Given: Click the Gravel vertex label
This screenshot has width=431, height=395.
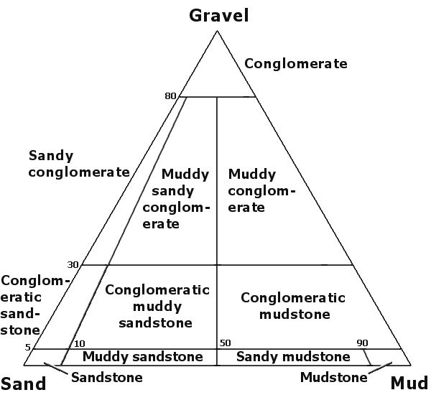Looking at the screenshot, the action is coord(219,15).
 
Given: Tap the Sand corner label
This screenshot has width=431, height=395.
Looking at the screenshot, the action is coord(23,384).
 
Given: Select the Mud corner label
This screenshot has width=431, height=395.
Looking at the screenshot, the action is coord(409,383).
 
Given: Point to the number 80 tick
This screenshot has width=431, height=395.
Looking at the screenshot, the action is coord(170,96).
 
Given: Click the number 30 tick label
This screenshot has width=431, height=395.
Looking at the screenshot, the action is coord(73,265).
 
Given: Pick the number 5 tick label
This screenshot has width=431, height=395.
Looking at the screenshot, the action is coord(27,348).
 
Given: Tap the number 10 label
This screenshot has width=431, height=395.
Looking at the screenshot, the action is coord(80,343).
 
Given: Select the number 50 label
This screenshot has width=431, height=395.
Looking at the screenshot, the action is coord(225,343).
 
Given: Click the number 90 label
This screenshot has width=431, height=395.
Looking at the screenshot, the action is coord(362,343).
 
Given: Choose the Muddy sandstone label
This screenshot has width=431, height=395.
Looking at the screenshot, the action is coord(143,357).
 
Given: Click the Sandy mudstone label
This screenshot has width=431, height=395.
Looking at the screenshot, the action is coord(293,357).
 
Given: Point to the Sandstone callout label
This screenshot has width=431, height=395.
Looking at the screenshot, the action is coord(107,378).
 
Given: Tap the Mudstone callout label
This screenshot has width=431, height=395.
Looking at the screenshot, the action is coord(334,378).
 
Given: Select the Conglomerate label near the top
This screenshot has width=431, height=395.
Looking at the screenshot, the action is coord(296,64).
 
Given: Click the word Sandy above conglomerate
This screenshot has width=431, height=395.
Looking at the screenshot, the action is coord(51,156).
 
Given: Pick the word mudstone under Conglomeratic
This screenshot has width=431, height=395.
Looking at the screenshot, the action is coord(295,314).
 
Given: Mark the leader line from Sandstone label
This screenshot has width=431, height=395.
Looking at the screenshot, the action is coord(56,368).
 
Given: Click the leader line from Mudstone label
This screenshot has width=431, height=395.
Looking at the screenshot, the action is coord(380,368).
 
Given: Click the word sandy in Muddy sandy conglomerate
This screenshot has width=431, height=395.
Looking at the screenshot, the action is coord(172,191).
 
